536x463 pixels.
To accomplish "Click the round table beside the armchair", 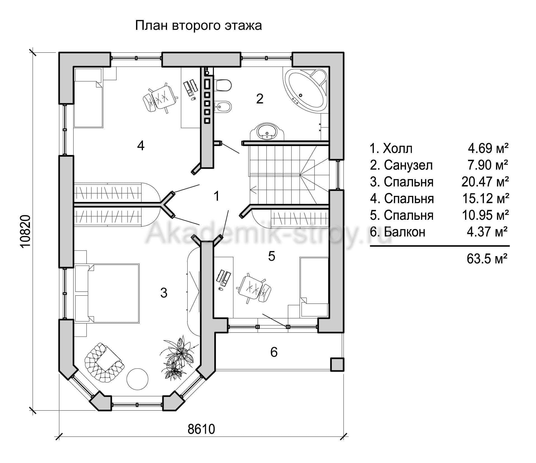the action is pyautogui.click(x=137, y=379).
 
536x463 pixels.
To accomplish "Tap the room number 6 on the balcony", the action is pyautogui.click(x=274, y=352).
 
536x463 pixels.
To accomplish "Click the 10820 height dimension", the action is pyautogui.click(x=25, y=231).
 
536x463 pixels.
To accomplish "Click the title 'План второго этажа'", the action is pyautogui.click(x=198, y=26).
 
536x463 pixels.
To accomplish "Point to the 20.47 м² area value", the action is pyautogui.click(x=485, y=182).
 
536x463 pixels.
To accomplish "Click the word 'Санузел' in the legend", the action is pyautogui.click(x=408, y=165).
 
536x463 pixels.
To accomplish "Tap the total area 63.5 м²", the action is pyautogui.click(x=487, y=259).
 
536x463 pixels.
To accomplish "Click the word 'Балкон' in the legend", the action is pyautogui.click(x=405, y=232).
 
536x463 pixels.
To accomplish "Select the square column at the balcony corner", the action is pyautogui.click(x=337, y=364).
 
